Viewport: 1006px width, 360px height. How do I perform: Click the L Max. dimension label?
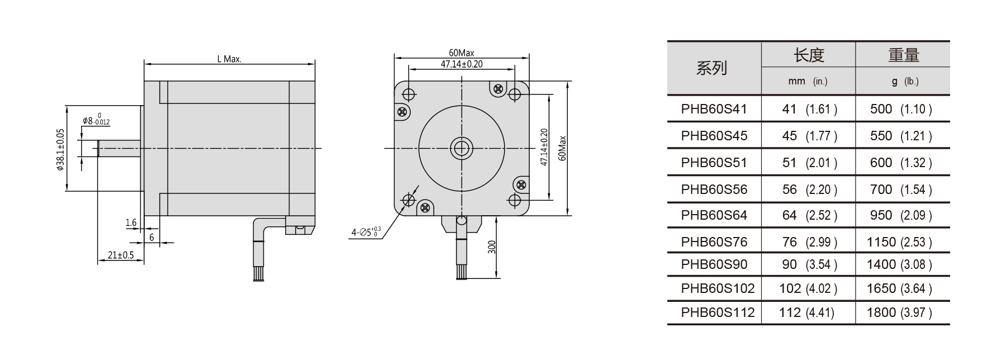pos(229,59)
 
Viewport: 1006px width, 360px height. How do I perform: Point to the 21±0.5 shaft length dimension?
pos(121,255)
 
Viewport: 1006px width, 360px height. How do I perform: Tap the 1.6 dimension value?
pos(131,223)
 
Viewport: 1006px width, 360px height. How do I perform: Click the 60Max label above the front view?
pos(462,53)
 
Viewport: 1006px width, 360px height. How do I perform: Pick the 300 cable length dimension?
pos(492,247)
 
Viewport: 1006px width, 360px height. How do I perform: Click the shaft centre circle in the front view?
pos(462,148)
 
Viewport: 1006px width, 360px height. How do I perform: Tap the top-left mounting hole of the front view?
pos(409,94)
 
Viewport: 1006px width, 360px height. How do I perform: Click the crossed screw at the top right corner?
pos(497,88)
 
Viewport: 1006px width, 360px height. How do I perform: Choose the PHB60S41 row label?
pos(714,109)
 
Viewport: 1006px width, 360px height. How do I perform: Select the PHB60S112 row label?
pos(718,312)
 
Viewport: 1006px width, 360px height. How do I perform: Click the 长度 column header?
pos(809,55)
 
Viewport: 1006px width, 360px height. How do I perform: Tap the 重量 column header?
pos(903,55)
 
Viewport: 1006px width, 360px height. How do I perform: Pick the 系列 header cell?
pos(711,68)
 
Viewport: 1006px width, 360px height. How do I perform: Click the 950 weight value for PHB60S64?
pos(881,215)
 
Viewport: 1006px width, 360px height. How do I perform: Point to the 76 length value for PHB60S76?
pos(789,242)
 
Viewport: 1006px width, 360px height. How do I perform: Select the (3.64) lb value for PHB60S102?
pos(916,289)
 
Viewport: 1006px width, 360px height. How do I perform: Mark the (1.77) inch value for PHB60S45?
pos(821,136)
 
